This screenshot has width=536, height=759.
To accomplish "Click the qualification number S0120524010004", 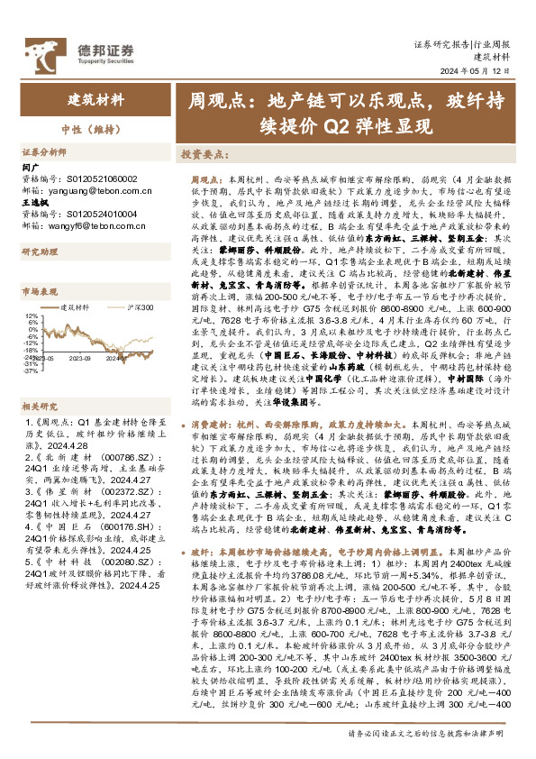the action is point(99,214).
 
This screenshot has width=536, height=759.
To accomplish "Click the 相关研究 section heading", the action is point(38,380).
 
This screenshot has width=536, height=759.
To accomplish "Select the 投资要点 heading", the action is point(202,154).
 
